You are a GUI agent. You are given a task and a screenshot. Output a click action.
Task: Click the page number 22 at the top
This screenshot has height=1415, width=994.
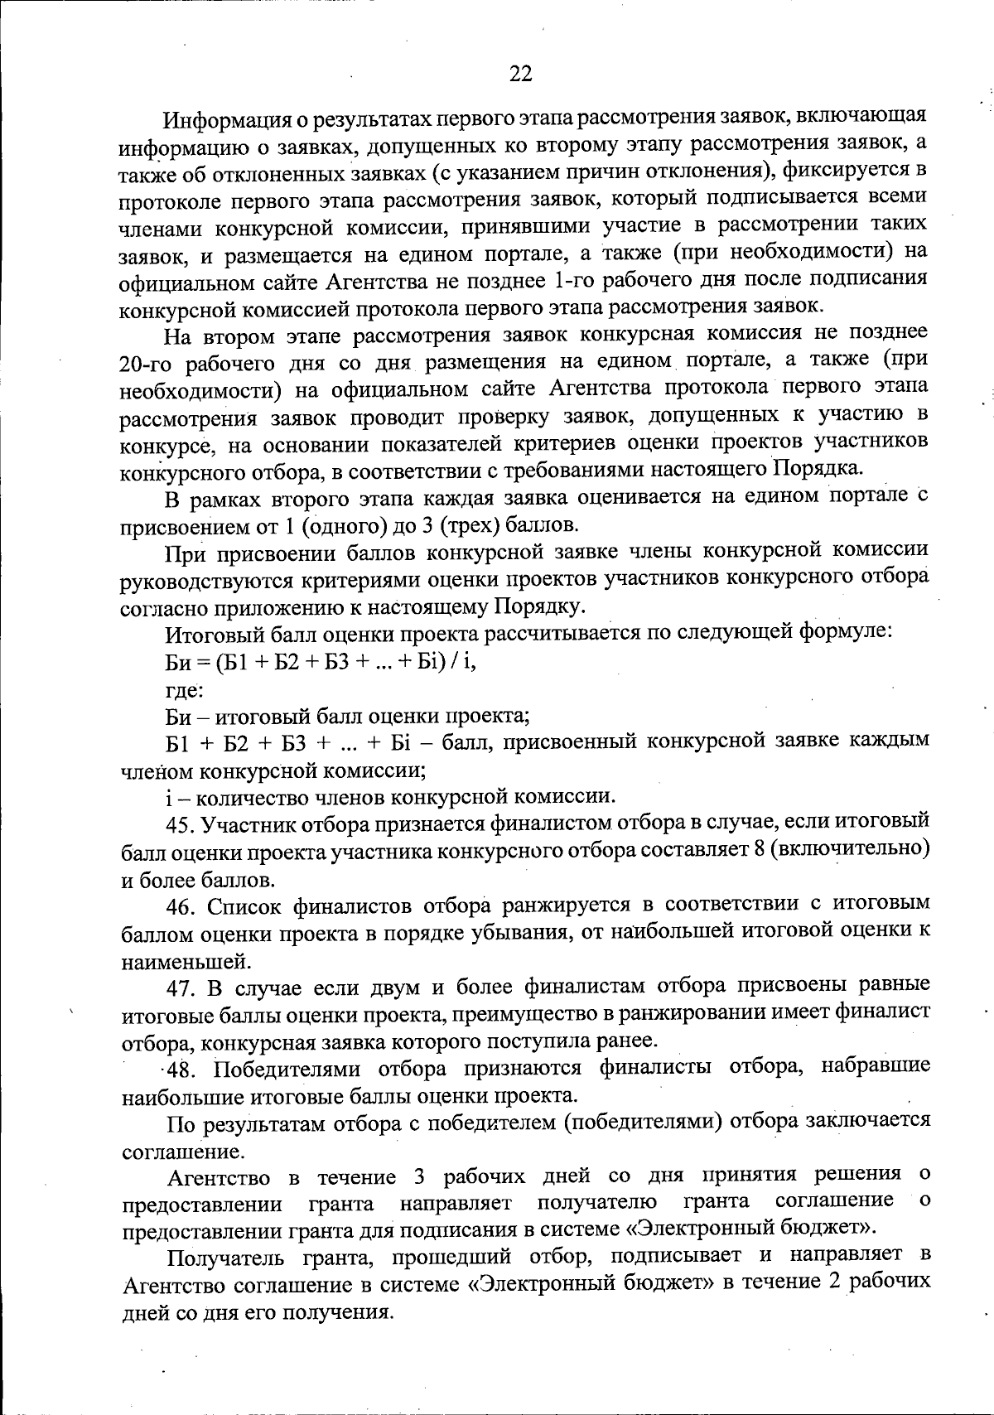[x=520, y=74]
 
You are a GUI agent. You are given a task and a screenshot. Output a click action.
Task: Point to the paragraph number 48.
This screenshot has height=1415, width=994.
[x=182, y=1068]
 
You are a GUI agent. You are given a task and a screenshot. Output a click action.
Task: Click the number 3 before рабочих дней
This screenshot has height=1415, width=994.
[x=417, y=1176]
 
